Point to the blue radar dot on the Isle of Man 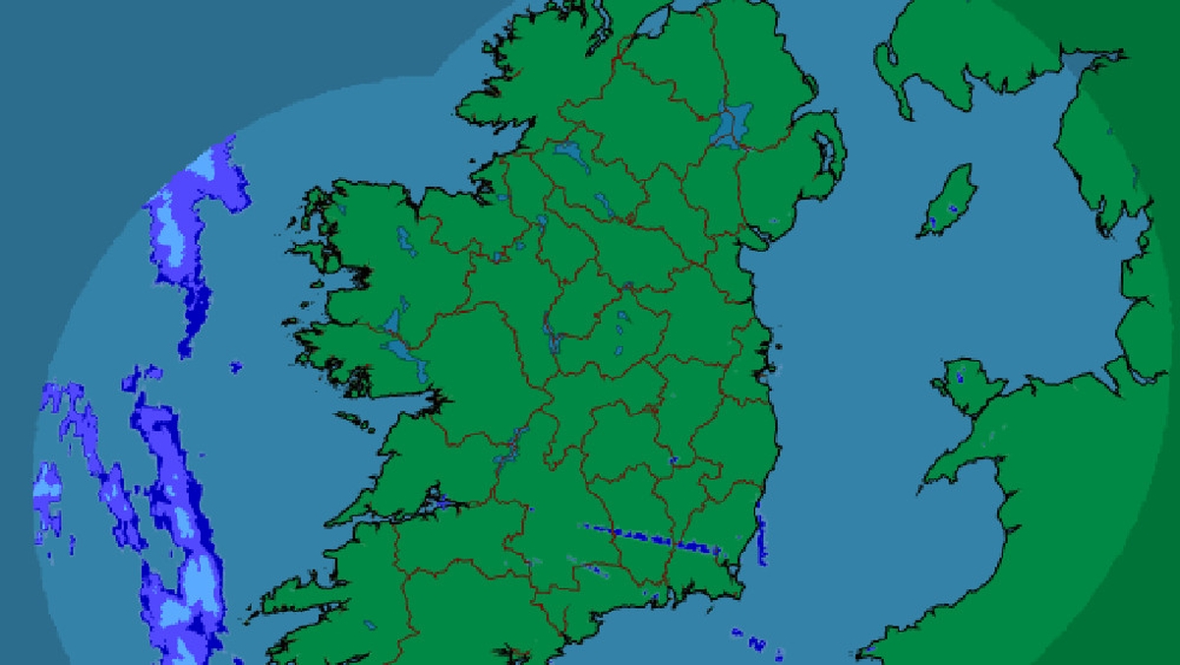click(x=951, y=209)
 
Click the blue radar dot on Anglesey click(x=961, y=376)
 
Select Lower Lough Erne click(x=567, y=152)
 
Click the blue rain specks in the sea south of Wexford click(x=755, y=643)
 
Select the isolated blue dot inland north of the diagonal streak click(x=674, y=460)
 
